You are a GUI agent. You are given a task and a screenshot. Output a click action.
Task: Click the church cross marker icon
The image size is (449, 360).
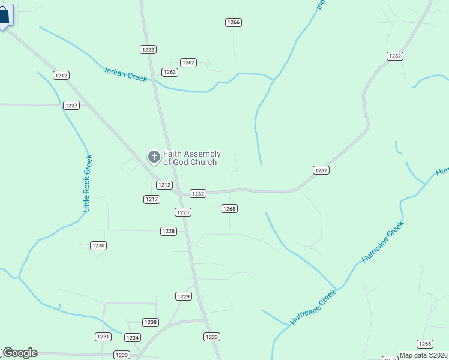[154, 157]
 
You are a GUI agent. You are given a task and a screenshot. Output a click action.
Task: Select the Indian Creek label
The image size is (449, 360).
[125, 74]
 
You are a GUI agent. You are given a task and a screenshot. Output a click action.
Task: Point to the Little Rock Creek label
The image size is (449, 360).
[88, 184]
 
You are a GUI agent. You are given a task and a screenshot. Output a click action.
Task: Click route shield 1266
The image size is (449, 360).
[234, 22]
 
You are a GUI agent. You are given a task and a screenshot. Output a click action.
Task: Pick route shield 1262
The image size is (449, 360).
[188, 62]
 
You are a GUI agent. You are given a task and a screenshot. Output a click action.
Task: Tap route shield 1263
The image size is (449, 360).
[170, 72]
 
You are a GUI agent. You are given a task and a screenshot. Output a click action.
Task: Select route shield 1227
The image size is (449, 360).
[71, 105]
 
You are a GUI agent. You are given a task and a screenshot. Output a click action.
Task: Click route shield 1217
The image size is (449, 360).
[152, 199]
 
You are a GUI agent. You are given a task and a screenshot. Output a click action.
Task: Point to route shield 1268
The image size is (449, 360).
[229, 209]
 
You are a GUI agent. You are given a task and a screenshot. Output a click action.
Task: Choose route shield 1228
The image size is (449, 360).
[169, 231]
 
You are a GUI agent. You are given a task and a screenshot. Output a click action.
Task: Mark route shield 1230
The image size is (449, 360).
[98, 245]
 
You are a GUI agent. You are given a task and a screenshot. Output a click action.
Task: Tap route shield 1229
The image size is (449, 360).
[184, 296]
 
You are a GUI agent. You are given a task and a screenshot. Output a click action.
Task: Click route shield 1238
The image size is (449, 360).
[151, 322]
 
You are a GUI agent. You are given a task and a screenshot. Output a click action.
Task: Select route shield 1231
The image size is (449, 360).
[103, 337]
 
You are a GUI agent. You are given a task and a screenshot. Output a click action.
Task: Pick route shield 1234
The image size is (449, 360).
[133, 338]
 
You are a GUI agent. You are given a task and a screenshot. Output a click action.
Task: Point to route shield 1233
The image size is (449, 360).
[122, 355]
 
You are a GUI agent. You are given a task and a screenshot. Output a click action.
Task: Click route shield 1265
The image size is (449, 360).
[424, 344]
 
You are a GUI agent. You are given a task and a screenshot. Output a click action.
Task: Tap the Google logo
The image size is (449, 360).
[20, 353]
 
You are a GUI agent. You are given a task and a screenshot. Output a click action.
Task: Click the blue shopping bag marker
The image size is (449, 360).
[4, 16]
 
